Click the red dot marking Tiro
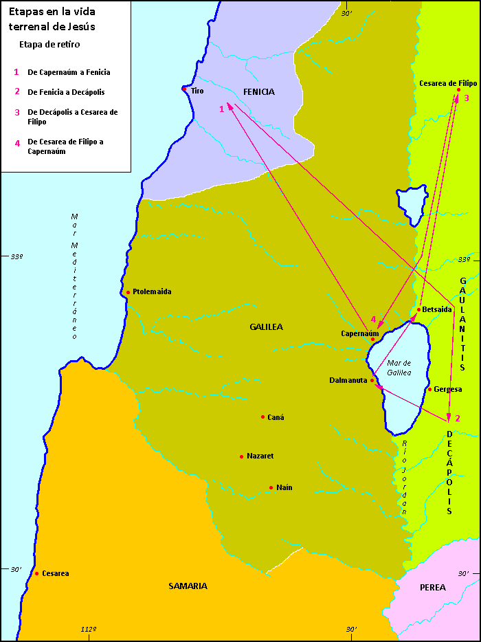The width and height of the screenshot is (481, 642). coord(184,89)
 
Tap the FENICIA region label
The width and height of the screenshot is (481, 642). coord(258,91)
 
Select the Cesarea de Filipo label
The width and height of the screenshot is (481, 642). coord(448,83)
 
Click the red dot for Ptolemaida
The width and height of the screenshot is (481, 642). coord(128,292)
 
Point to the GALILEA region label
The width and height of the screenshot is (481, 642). coord(267,327)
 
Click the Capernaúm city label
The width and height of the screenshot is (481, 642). coord(360,333)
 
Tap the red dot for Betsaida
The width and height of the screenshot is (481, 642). coord(418,309)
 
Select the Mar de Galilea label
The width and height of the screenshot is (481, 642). coord(399,367)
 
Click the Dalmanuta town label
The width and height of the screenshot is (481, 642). coord(349,379)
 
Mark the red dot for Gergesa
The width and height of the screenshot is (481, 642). coord(429,389)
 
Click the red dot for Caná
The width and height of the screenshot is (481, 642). coord(262,417)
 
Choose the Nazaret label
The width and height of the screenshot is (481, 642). coord(260,456)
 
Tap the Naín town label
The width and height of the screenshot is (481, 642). coord(284,487)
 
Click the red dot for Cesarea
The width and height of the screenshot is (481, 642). coord(36,573)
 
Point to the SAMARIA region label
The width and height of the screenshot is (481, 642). coord(188,586)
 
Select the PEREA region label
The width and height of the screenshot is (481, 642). coord(433,587)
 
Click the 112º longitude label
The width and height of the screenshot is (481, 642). coord(88,629)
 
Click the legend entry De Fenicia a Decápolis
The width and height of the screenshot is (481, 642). coord(66,91)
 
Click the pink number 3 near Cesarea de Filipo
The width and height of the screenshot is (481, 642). coord(466,98)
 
